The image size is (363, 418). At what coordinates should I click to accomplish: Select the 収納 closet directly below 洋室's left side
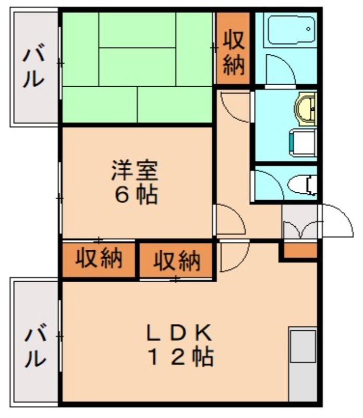point(99,258)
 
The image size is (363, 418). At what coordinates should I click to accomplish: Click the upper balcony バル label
point(32,68)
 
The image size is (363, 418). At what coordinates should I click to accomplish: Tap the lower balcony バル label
point(32,347)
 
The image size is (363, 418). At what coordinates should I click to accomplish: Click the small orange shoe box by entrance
point(299,250)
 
